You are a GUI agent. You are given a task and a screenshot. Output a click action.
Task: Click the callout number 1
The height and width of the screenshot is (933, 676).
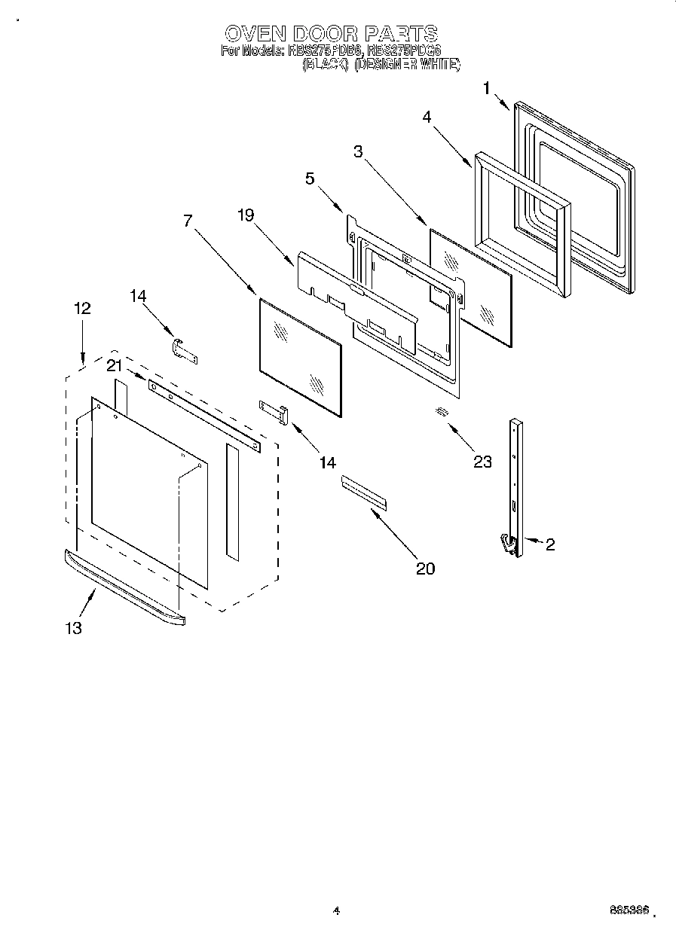487,88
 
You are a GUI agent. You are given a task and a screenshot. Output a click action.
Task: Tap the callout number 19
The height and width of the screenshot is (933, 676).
246,215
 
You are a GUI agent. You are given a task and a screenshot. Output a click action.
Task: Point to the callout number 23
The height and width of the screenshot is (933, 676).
482,462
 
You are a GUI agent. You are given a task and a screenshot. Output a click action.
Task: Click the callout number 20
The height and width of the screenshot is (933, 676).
426,569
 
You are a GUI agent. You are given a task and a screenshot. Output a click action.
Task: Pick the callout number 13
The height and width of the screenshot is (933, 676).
73,628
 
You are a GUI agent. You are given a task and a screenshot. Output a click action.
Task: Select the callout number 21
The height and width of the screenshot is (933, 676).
114,366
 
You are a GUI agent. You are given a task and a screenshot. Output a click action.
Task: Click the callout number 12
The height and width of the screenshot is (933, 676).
82,308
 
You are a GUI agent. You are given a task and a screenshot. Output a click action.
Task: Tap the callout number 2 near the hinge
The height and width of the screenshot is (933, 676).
550,544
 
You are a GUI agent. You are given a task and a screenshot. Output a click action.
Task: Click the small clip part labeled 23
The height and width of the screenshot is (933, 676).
441,411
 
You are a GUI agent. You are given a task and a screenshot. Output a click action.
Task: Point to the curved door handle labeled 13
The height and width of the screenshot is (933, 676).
124,587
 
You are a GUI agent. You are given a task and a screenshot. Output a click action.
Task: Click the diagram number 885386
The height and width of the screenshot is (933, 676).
629,910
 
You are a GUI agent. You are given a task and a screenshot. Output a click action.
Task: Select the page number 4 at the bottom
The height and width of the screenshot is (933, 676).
337,911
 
